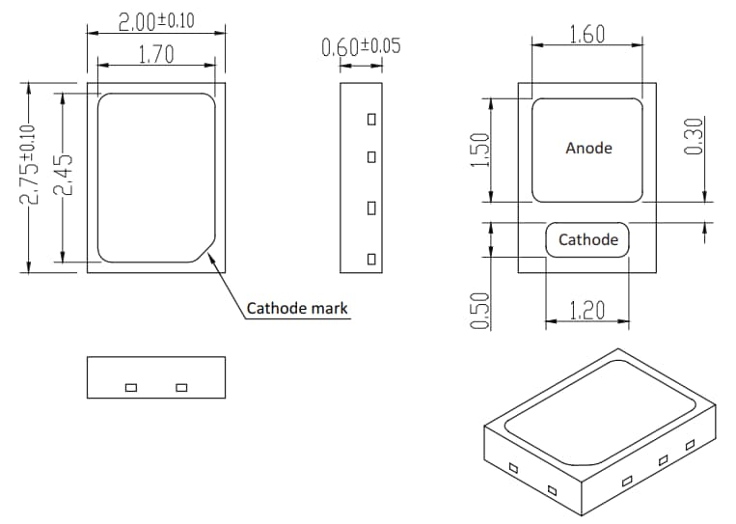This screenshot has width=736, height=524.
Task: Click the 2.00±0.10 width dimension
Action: (156, 20)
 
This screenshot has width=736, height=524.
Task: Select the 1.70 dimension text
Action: (156, 55)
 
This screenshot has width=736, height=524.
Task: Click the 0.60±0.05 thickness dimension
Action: (361, 46)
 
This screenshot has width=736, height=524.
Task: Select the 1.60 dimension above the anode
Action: (586, 35)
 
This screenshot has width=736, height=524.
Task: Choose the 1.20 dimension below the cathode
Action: (587, 311)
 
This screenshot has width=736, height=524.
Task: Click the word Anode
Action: (588, 148)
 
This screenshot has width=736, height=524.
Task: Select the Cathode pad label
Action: (587, 239)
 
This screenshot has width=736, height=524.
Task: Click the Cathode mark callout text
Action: (296, 309)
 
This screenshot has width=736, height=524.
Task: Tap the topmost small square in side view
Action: (370, 120)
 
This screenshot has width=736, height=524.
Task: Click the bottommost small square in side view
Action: (370, 259)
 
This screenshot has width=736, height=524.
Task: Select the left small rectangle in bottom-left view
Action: (131, 388)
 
